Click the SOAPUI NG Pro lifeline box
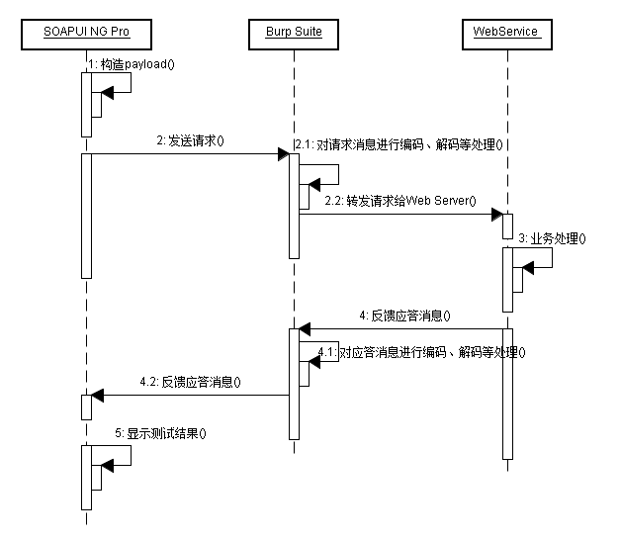pos(86,32)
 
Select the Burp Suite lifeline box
pos(294,32)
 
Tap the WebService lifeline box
pos(506,32)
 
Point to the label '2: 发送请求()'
pos(190,140)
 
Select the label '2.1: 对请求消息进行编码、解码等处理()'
pos(399,143)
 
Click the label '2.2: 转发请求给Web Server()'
pos(399,201)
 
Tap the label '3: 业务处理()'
pos(551,238)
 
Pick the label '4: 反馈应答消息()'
pos(403,316)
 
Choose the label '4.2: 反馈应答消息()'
pos(190,382)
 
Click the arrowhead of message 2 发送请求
pos(282,153)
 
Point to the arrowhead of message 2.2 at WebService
pos(496,213)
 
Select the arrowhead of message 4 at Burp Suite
pos(306,328)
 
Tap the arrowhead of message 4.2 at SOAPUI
pos(98,396)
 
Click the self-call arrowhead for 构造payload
pos(108,92)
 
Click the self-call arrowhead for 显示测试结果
pos(108,465)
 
